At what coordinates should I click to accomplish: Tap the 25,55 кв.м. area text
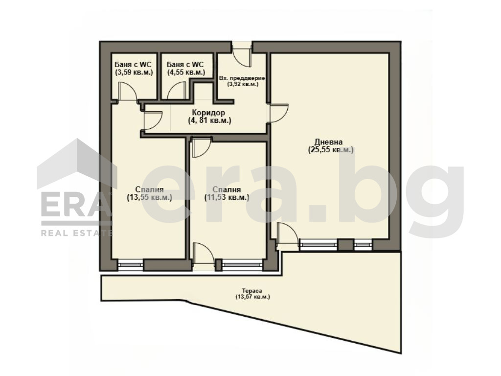331,150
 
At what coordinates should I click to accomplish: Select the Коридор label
208,113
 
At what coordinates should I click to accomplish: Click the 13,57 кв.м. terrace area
252,297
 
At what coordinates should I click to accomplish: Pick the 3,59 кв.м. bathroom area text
134,72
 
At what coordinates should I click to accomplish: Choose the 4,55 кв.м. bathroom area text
186,72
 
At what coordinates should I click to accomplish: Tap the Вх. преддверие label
242,78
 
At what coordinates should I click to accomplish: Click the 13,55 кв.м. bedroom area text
150,197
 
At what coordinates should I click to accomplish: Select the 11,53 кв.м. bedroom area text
227,197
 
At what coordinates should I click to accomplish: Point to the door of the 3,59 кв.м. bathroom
128,91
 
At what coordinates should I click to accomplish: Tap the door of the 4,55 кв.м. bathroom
176,91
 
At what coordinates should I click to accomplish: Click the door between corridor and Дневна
278,113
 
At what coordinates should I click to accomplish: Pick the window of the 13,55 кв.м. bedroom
130,265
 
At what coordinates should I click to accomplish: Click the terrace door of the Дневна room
288,235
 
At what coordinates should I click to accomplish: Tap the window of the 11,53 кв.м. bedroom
242,265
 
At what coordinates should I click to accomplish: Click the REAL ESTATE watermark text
77,233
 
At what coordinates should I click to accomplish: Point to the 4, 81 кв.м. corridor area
209,120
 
